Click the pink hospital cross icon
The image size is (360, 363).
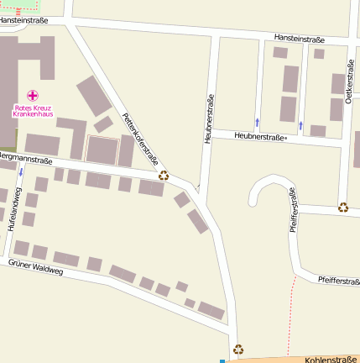coord(33,96)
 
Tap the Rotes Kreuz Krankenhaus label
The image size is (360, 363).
coord(33,110)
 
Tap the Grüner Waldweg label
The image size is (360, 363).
coord(35,267)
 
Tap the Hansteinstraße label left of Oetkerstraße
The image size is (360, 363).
coord(299,37)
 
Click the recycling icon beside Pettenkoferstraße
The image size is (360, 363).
coord(164,176)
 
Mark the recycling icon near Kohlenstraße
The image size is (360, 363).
coord(238,349)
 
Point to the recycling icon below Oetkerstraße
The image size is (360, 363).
coord(342,207)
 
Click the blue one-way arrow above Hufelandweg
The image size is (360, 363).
coord(21,171)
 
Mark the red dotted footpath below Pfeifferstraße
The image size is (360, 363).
coord(290,311)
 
